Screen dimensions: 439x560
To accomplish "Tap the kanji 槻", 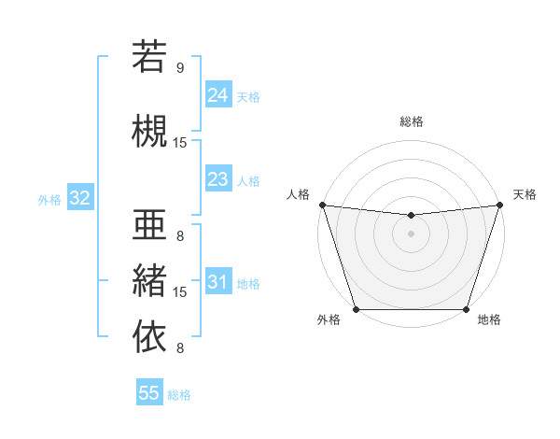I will pos(149,130).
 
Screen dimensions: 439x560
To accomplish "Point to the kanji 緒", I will pos(149,279).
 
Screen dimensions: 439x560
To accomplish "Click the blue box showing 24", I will pos(217,94).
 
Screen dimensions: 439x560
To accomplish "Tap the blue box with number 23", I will pos(217,178).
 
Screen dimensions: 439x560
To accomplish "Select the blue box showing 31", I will pos(217,281).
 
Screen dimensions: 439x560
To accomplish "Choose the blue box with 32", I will pos(79,197).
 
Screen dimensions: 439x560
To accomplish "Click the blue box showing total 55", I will pos(149,393).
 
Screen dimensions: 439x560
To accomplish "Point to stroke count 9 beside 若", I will pos(180,67).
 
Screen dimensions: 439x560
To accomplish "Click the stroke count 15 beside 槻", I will pos(180,142).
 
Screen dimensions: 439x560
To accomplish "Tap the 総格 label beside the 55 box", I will pos(179,395).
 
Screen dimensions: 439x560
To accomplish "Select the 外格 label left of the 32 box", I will pos(49,199).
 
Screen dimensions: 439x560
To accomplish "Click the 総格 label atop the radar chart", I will pos(411,121).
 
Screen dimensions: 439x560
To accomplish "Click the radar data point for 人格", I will pos(322,205).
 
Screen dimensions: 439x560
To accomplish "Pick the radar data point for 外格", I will pos(356,309).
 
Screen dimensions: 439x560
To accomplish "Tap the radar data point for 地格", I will pos(466,309).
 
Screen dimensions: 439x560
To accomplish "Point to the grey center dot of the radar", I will pos(411,234).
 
